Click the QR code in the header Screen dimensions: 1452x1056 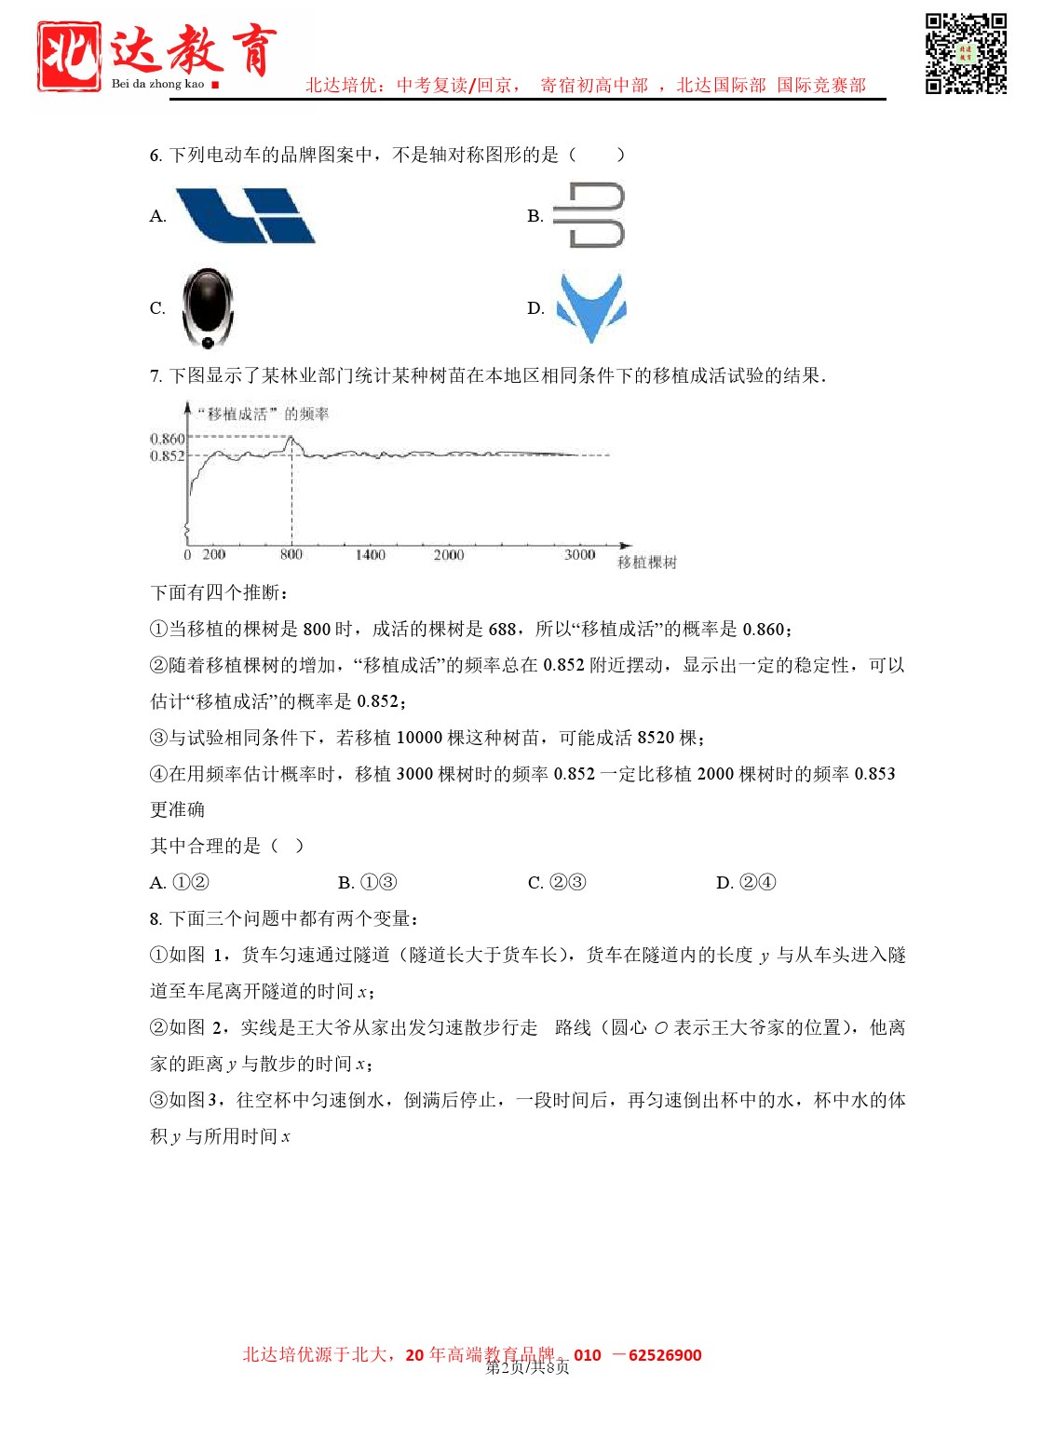[x=966, y=53]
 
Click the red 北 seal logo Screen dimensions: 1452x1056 [x=69, y=56]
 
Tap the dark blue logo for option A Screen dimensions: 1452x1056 [x=246, y=215]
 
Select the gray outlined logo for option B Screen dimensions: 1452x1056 [x=589, y=215]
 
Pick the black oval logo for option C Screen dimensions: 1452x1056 [x=208, y=308]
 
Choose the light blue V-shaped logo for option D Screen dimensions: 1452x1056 [x=590, y=306]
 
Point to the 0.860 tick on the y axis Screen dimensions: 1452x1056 [x=168, y=438]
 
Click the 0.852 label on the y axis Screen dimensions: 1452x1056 [x=168, y=455]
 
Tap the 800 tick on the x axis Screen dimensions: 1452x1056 [x=291, y=555]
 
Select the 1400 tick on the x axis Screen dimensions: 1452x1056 [x=370, y=555]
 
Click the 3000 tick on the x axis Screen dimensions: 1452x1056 [x=579, y=555]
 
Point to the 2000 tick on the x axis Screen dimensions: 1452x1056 [x=448, y=555]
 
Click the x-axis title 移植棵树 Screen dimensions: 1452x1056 [x=647, y=563]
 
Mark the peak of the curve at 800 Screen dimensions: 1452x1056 [x=291, y=437]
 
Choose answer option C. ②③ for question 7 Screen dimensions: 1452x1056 [x=557, y=883]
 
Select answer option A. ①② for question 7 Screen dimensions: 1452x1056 [x=180, y=883]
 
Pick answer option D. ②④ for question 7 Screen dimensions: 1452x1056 [x=746, y=883]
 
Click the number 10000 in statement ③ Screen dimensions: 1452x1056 [x=419, y=738]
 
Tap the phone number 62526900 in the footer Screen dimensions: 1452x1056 [x=665, y=1355]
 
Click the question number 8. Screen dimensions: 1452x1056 [x=156, y=919]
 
